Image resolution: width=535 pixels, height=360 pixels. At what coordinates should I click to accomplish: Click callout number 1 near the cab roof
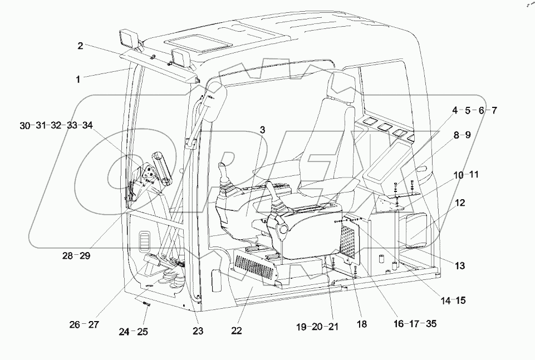coord(78,80)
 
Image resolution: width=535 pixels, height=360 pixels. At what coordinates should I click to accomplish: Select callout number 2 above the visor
coord(80,46)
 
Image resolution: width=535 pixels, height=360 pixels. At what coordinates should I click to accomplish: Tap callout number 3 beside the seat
coord(262,130)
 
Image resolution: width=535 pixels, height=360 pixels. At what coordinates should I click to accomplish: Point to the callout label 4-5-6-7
coord(474,111)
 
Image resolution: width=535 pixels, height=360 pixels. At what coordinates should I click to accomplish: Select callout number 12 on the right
coord(460,204)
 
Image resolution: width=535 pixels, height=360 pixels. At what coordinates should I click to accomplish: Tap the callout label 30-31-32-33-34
coord(56,126)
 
